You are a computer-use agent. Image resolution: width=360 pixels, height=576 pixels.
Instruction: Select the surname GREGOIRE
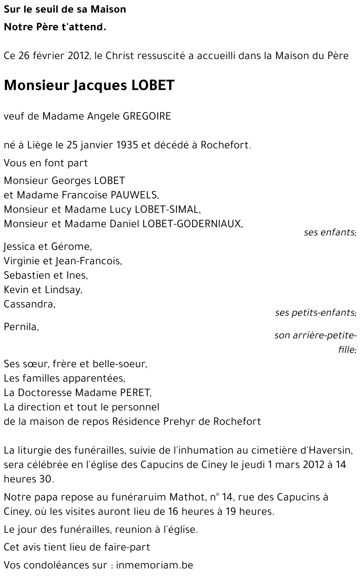[x=147, y=116]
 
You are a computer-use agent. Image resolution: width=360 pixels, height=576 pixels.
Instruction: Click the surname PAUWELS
[x=134, y=195]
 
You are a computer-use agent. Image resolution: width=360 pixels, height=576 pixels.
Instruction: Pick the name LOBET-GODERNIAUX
[x=192, y=224]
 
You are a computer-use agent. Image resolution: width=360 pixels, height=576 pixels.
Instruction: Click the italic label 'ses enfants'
[x=330, y=233]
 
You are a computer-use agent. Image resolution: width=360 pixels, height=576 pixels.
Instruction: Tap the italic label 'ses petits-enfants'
[x=315, y=313]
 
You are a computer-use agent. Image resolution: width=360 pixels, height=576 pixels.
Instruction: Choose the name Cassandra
[x=29, y=304]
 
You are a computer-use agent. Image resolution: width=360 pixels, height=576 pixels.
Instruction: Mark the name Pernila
[x=21, y=327]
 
